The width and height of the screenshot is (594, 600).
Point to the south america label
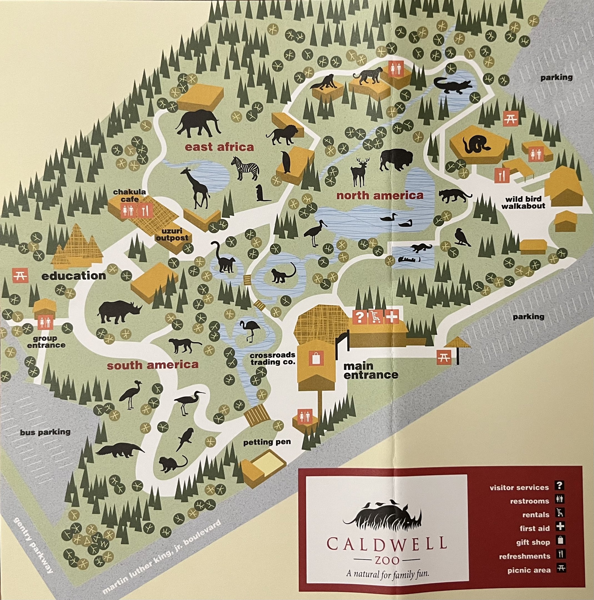tap(152, 365)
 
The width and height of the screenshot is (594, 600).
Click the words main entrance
tap(370, 371)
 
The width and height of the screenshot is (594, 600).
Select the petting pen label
tap(267, 442)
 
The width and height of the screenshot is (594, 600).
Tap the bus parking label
tap(45, 432)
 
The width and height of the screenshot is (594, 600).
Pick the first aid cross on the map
tap(392, 317)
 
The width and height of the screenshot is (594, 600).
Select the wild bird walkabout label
tap(523, 202)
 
